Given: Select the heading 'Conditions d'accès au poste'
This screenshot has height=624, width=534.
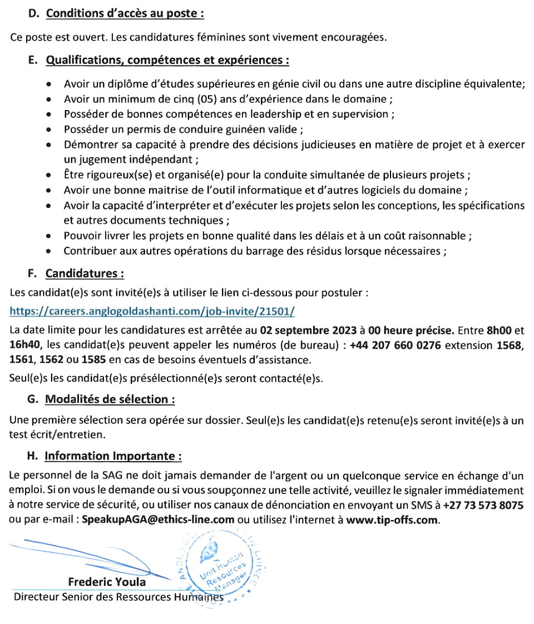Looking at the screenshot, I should [x=123, y=14].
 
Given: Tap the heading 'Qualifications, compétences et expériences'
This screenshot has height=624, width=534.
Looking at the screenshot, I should [x=167, y=60].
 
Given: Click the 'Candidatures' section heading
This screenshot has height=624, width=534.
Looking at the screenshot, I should [x=85, y=273].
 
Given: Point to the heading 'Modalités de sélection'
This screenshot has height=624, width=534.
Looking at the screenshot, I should [x=110, y=399].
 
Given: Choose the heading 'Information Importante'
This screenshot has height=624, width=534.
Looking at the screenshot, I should [x=113, y=456].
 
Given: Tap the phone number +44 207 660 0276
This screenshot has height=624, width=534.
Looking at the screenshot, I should [x=395, y=345].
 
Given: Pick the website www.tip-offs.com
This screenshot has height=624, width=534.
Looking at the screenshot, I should [x=392, y=520].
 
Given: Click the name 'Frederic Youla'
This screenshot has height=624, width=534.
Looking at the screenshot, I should [x=107, y=582].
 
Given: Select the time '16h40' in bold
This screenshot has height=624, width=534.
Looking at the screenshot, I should [x=22, y=345].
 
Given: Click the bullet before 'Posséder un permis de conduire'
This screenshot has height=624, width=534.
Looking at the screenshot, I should [x=50, y=130].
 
